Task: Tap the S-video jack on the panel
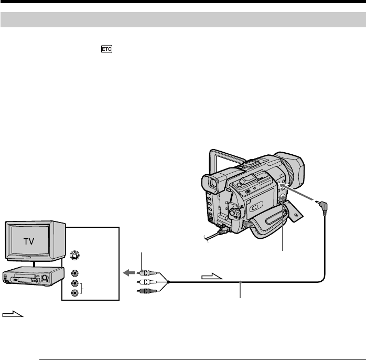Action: pos(74,257)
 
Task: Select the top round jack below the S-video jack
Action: pos(74,273)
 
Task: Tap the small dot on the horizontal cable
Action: pos(241,282)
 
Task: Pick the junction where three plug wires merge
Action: pos(169,282)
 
